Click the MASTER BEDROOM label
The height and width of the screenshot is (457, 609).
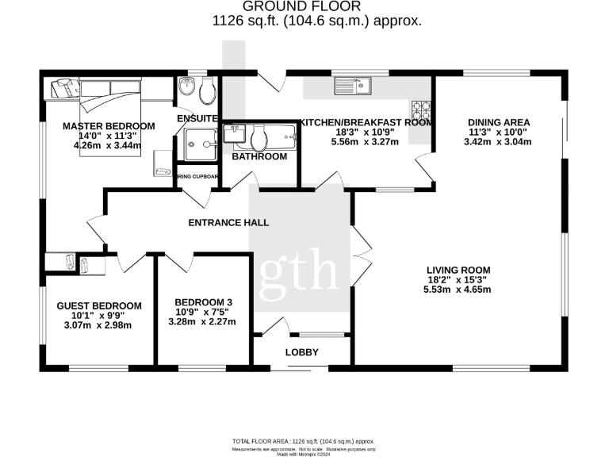[109, 126]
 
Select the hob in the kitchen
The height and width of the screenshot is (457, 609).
[420, 109]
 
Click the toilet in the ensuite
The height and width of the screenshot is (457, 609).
[208, 91]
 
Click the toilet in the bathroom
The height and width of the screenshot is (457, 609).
[257, 140]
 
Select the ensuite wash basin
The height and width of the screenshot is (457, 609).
[186, 86]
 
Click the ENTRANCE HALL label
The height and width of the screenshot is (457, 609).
[228, 223]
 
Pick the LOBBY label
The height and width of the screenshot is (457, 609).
[301, 352]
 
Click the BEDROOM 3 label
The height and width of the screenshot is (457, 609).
[204, 302]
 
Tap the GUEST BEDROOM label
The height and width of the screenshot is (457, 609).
[99, 306]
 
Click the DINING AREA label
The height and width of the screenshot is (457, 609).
[498, 122]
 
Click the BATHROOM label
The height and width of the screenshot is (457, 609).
[259, 157]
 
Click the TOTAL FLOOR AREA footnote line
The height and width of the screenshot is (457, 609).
[304, 441]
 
